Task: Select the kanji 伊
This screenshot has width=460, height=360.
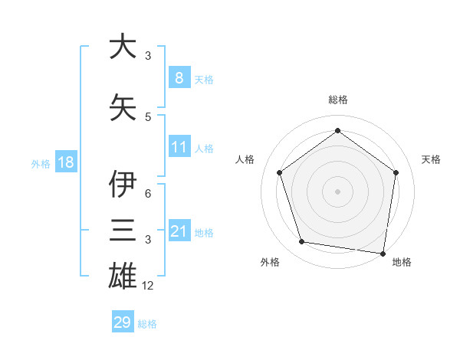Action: (x=123, y=184)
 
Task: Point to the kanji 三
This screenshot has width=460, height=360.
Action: (x=123, y=230)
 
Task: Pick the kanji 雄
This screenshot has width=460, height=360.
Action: (x=123, y=275)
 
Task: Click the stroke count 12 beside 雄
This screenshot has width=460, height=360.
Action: (x=148, y=286)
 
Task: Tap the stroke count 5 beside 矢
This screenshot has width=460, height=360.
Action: (x=148, y=116)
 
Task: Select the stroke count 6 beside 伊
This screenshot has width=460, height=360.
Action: (x=148, y=194)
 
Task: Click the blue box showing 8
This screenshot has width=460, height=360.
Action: (x=179, y=77)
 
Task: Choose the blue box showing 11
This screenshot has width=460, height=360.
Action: (x=179, y=147)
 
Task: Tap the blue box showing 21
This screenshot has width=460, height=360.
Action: (x=179, y=231)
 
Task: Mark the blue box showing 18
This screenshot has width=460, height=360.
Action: (x=65, y=162)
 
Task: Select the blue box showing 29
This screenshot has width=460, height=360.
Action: (x=122, y=322)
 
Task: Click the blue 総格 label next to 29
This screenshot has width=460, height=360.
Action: (x=147, y=324)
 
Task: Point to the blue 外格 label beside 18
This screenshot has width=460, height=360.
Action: (x=41, y=163)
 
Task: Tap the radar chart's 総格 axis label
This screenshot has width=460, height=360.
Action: (x=338, y=100)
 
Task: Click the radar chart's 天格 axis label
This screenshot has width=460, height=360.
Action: (x=431, y=159)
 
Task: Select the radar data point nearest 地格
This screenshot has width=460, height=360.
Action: (x=383, y=253)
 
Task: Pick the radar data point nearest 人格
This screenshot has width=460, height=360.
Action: (x=279, y=173)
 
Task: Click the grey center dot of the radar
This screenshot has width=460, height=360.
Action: (x=337, y=191)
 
